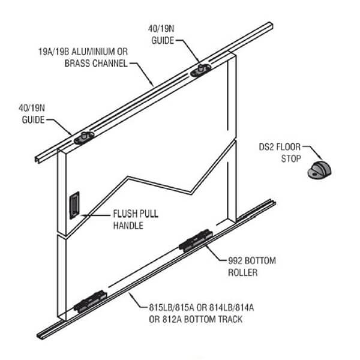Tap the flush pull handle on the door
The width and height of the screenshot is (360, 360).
(x=74, y=204)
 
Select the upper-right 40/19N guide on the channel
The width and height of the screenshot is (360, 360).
(x=199, y=71)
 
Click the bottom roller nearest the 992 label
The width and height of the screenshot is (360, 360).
(x=196, y=241)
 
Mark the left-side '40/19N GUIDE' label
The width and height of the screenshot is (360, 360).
(x=37, y=112)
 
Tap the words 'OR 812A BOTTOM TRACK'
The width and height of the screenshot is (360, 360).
(x=196, y=319)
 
